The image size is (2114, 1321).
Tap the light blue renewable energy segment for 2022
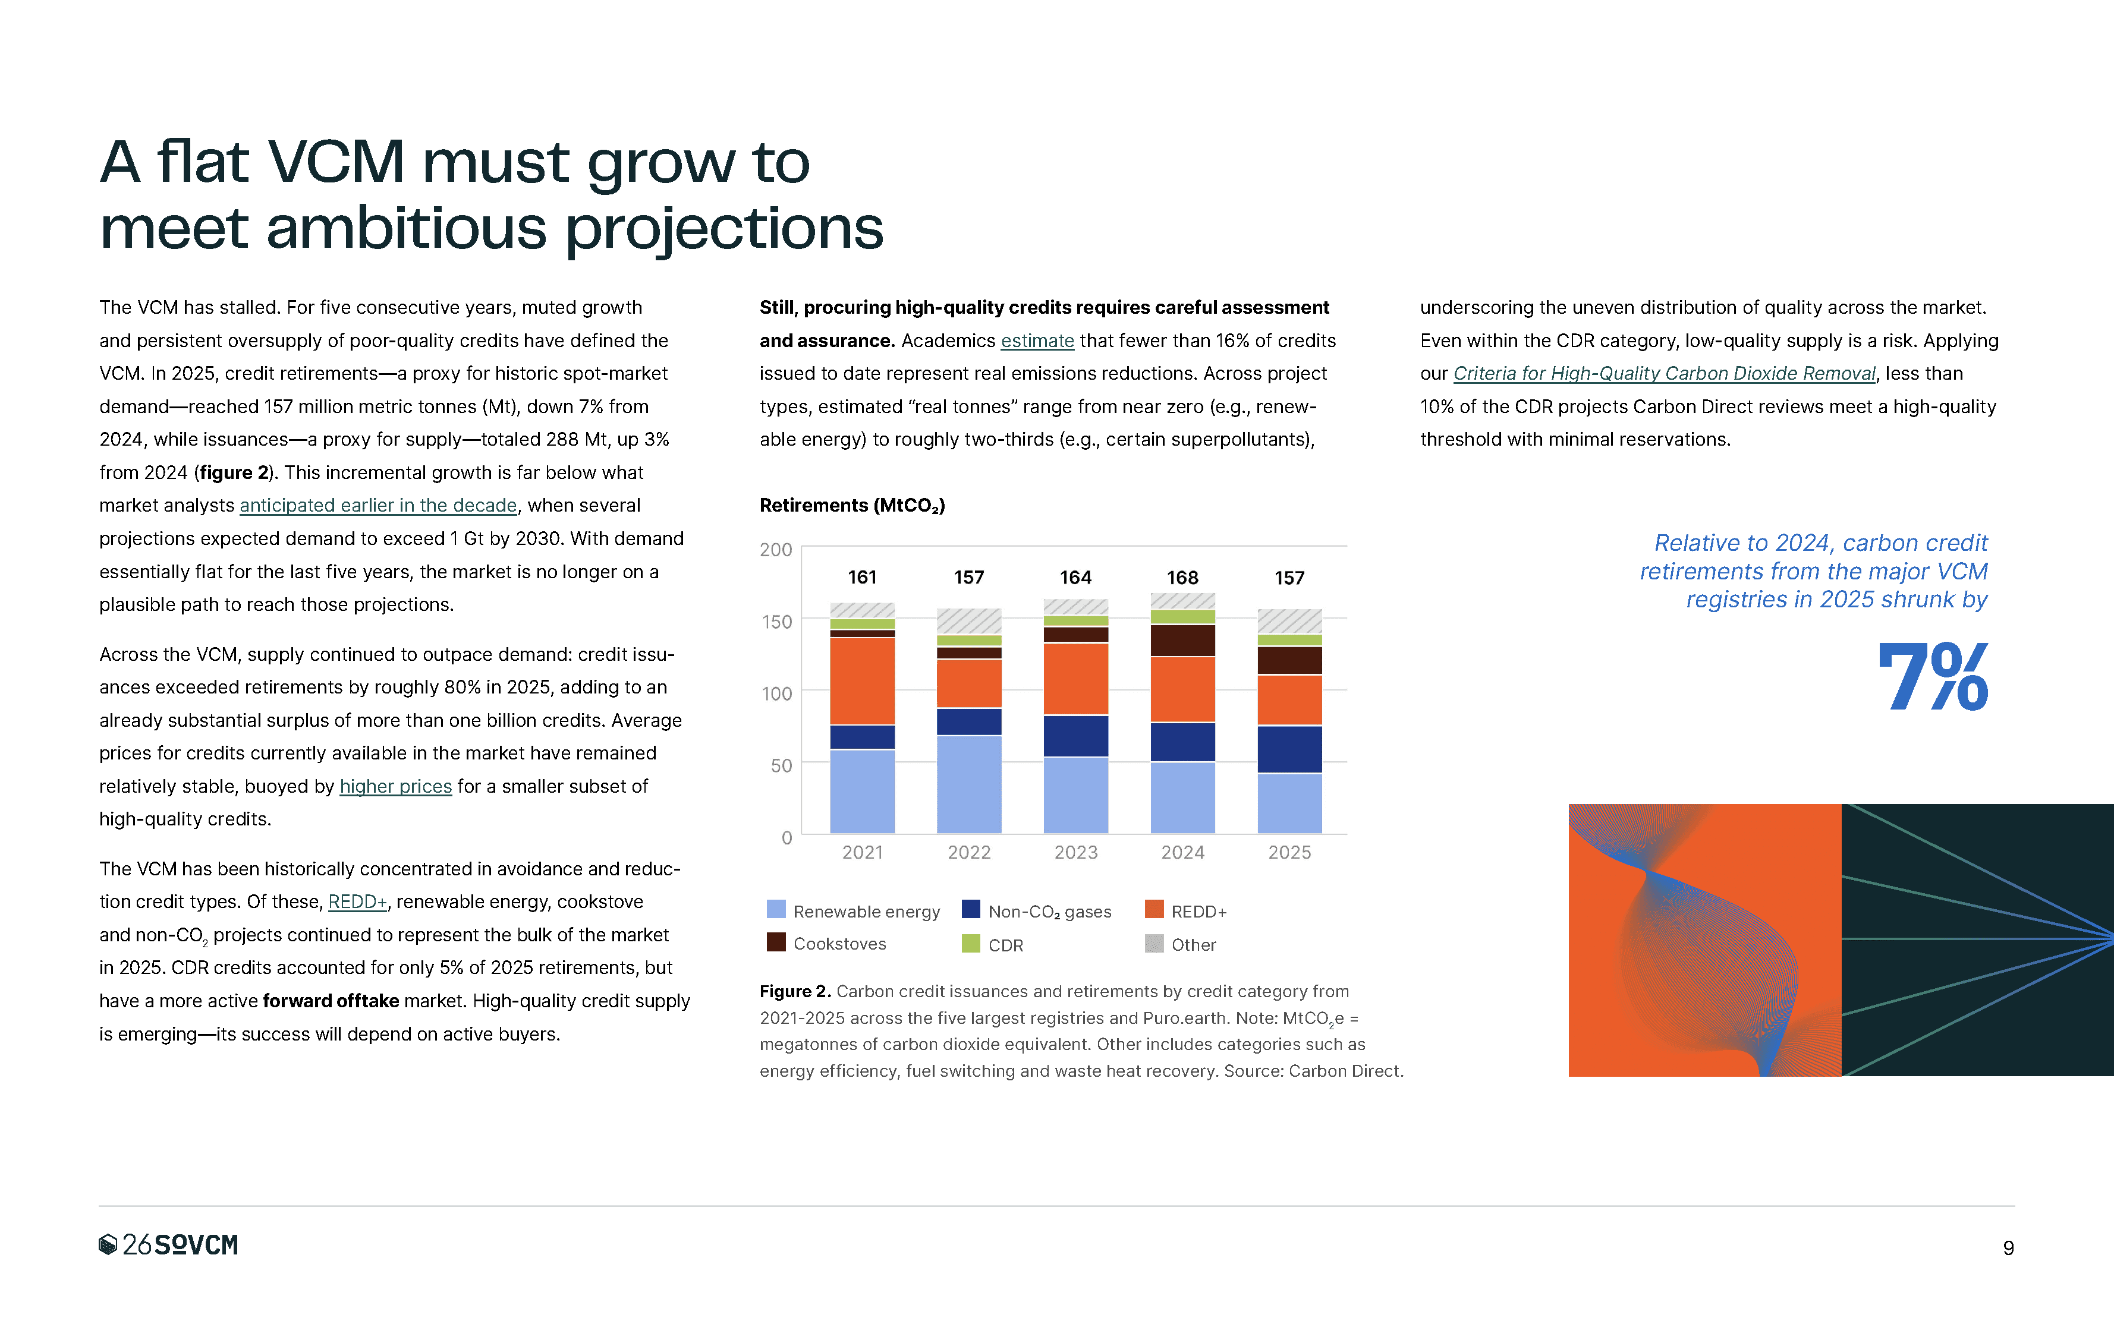968,784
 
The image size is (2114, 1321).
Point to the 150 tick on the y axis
776,621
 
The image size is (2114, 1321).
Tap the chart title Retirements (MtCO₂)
852,505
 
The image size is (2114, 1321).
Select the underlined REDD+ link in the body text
357,901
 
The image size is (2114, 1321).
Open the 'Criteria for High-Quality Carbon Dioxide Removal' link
1664,374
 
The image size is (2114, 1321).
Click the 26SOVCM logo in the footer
168,1244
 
